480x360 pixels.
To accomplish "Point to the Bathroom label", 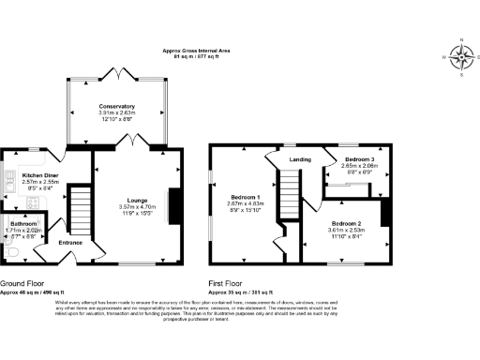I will [22, 224].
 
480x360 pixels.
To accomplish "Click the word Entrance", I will [70, 242].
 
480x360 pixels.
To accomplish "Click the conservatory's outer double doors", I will [120, 71].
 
